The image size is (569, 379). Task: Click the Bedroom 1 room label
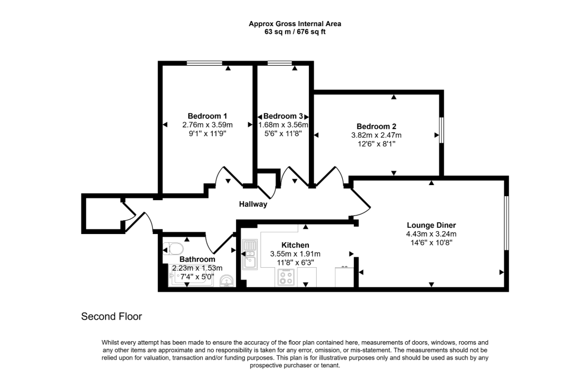click(x=207, y=116)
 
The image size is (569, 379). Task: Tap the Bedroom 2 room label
click(x=376, y=126)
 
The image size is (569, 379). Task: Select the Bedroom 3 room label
click(x=283, y=116)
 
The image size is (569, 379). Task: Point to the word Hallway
click(x=253, y=204)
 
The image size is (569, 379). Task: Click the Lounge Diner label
click(x=431, y=225)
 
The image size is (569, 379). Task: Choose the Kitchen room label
click(x=295, y=245)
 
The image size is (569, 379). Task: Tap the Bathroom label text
click(x=197, y=260)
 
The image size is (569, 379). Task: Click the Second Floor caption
click(x=112, y=317)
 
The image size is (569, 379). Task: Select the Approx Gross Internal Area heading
click(x=295, y=23)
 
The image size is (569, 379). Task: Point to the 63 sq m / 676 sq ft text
click(x=295, y=32)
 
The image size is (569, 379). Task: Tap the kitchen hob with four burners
click(x=286, y=277)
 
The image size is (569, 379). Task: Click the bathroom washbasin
click(x=227, y=281)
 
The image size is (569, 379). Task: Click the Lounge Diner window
click(x=506, y=222)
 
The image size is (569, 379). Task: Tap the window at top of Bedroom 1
click(x=204, y=63)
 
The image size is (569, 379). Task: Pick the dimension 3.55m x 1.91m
click(x=295, y=253)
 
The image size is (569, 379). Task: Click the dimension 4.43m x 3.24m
click(x=431, y=234)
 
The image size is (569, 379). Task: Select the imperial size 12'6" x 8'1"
click(x=376, y=144)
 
